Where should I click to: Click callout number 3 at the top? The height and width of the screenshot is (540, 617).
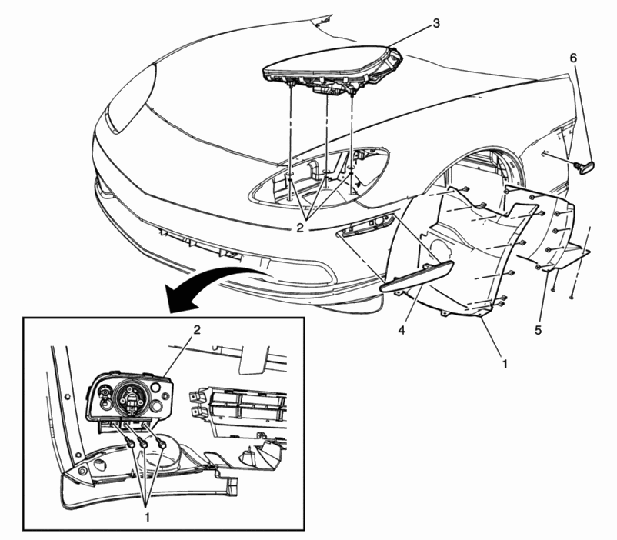pyautogui.click(x=436, y=24)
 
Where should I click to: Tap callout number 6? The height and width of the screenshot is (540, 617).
pyautogui.click(x=573, y=58)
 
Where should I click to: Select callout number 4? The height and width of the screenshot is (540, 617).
pyautogui.click(x=402, y=330)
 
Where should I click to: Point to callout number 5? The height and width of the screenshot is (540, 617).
pyautogui.click(x=538, y=330)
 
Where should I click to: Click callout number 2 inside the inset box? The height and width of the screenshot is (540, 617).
pyautogui.click(x=197, y=330)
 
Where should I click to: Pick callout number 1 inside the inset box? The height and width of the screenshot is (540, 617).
pyautogui.click(x=147, y=517)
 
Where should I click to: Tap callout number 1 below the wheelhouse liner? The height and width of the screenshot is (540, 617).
pyautogui.click(x=505, y=364)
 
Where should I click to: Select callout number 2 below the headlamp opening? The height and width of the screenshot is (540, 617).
pyautogui.click(x=300, y=228)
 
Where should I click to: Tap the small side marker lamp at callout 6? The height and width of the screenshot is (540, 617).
pyautogui.click(x=585, y=165)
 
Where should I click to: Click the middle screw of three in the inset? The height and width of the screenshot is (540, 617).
pyautogui.click(x=145, y=444)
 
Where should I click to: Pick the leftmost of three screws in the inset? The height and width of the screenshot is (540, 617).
pyautogui.click(x=131, y=443)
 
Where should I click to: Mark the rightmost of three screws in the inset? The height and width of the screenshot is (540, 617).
pyautogui.click(x=162, y=444)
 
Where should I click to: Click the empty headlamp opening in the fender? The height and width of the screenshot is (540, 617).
pyautogui.click(x=319, y=177)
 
